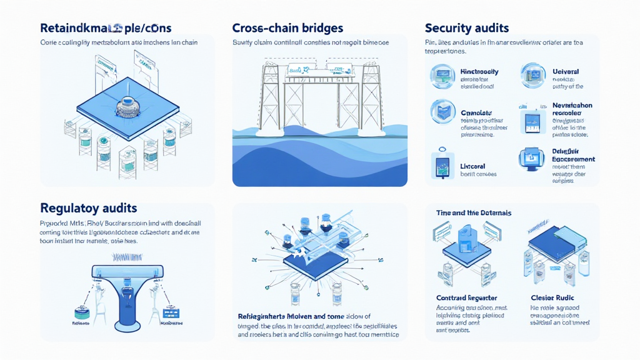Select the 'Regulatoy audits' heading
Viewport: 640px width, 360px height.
[x=88, y=207]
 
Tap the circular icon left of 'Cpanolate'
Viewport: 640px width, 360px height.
[x=442, y=112]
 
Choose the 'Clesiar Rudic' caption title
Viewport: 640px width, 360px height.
[x=552, y=297]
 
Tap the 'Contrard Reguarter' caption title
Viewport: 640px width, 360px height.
[x=467, y=297]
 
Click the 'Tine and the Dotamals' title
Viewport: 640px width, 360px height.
[x=474, y=213]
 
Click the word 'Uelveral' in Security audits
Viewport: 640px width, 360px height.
[x=566, y=72]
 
